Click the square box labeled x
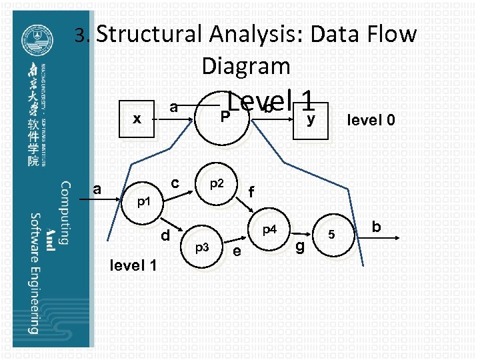(x=137, y=120)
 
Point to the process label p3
(x=202, y=247)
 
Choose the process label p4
(x=269, y=231)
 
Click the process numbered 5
(x=331, y=235)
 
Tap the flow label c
(x=174, y=182)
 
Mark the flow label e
(x=237, y=251)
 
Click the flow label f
(x=251, y=192)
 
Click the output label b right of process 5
(x=376, y=227)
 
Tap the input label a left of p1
(x=97, y=189)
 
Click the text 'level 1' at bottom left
(x=133, y=266)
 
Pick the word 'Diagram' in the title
(x=245, y=65)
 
